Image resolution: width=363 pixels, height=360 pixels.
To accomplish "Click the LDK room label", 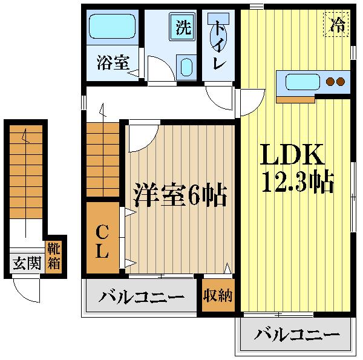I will [x=293, y=155].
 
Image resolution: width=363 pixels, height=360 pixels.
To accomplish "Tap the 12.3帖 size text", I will [x=297, y=181].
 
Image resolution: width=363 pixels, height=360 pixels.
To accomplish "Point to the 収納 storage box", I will [x=218, y=296].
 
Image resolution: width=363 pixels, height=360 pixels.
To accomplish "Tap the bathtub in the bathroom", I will [x=113, y=27].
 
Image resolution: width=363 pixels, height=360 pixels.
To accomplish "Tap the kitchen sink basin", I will [x=301, y=81].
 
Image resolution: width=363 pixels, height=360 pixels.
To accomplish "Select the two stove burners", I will [x=335, y=82].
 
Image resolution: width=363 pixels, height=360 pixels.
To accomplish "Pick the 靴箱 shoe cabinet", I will [x=55, y=256].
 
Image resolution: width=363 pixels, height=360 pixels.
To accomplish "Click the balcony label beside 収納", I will [x=142, y=297].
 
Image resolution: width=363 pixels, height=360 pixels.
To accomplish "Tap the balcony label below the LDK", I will [x=296, y=334].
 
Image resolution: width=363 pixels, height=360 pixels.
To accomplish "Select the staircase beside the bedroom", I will [x=102, y=160].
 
